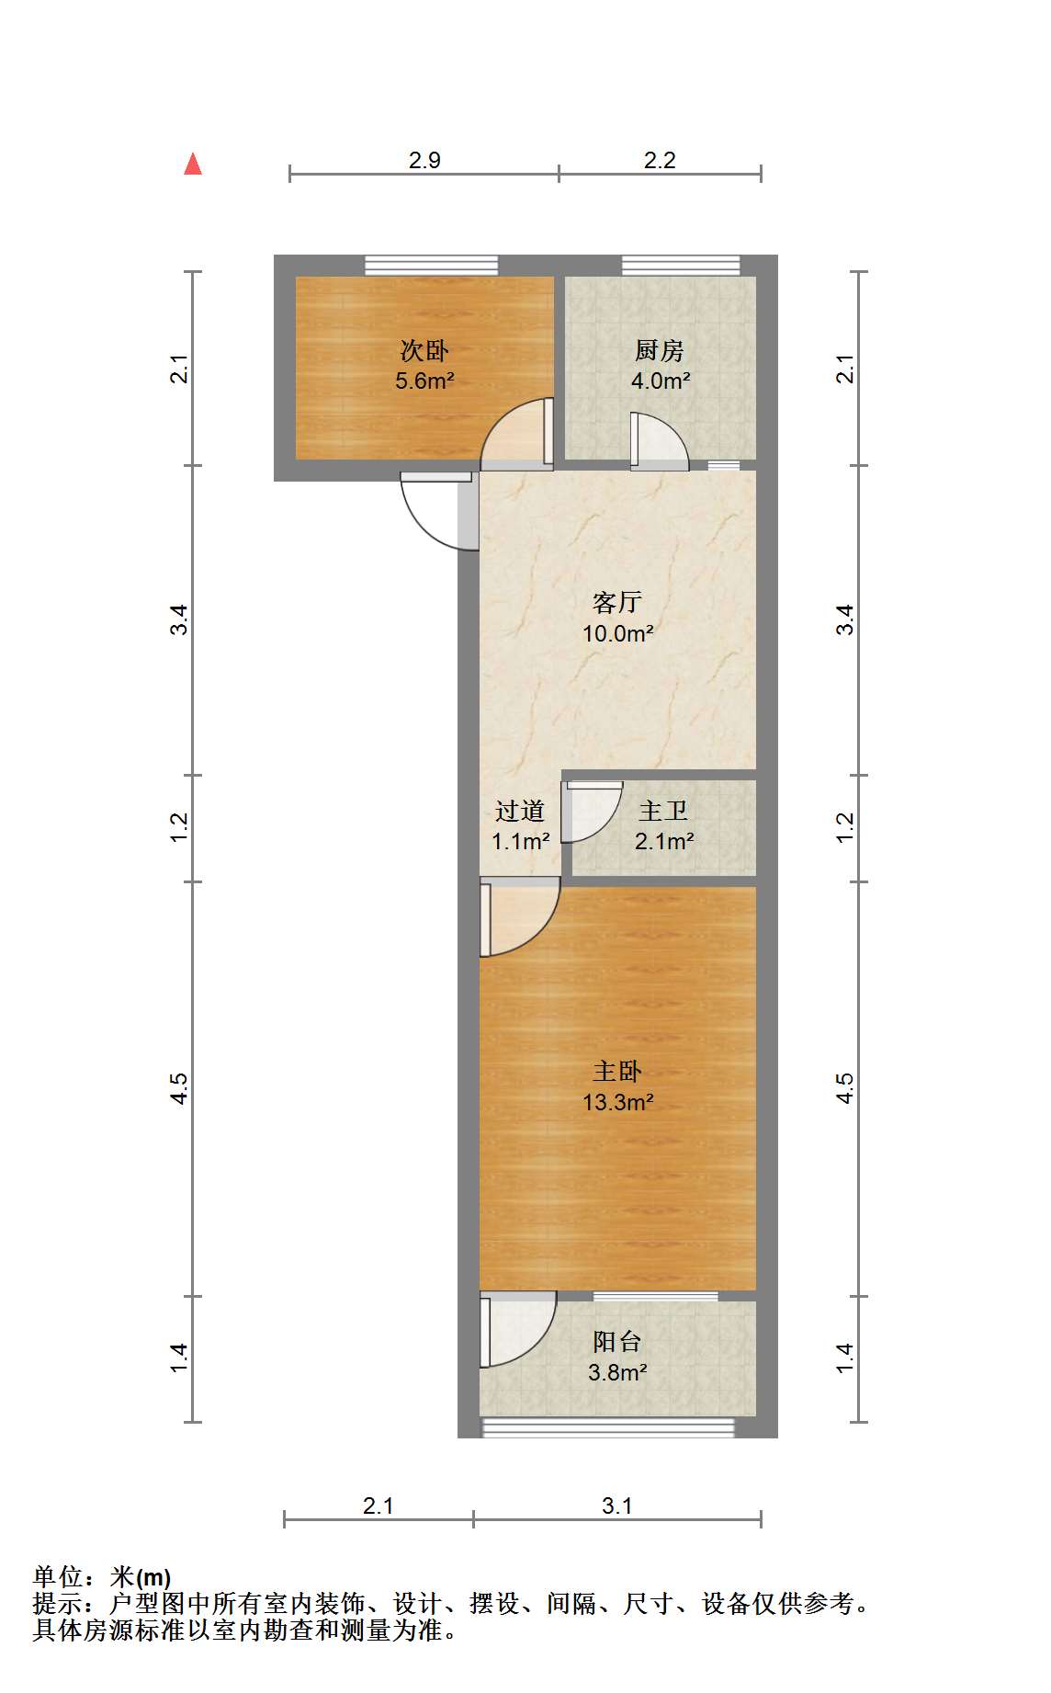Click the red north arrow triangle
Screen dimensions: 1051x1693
coord(193,165)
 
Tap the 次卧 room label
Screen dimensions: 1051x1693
coord(424,350)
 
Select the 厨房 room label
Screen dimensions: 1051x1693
coord(660,350)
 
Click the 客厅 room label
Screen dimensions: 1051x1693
coord(617,602)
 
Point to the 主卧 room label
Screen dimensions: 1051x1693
coord(617,1071)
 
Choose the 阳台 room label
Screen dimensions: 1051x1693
coord(617,1341)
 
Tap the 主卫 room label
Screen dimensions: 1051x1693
coord(663,810)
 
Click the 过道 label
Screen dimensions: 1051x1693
coord(520,810)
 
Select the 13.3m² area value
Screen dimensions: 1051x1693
coord(617,1101)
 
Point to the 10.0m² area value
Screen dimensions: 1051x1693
coord(617,632)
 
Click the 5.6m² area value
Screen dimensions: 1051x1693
coord(424,381)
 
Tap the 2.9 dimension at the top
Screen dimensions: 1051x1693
coord(424,160)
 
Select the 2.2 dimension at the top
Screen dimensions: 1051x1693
coord(660,160)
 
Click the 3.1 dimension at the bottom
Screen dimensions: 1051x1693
coord(617,1506)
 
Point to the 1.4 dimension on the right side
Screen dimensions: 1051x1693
coord(845,1358)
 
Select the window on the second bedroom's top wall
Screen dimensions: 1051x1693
coord(432,265)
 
